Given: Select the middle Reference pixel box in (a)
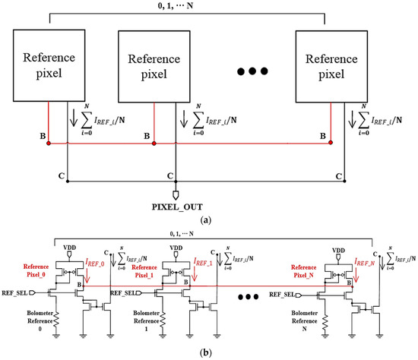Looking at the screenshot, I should [x=155, y=65].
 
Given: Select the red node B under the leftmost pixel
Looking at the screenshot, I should [x=49, y=141].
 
